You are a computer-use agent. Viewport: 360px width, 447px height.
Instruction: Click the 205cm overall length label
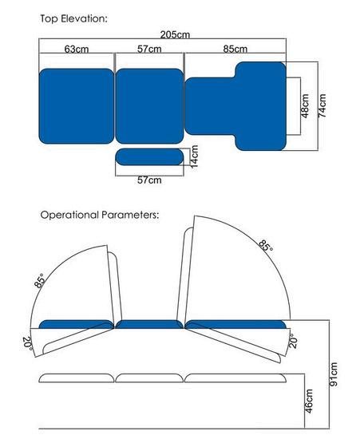point(175,34)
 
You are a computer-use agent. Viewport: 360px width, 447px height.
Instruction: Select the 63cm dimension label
point(77,49)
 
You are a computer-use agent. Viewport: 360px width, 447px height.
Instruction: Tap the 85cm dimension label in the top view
point(235,49)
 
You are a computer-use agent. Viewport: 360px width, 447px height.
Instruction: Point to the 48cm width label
point(305,105)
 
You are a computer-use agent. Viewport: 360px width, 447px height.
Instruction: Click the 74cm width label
point(322,105)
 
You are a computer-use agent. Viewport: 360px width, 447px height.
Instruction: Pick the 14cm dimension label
point(194,156)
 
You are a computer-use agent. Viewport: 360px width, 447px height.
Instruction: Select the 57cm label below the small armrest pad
point(149,180)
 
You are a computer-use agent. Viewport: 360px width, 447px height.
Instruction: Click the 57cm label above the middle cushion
point(149,49)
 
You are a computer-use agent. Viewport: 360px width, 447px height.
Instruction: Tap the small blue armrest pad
point(149,156)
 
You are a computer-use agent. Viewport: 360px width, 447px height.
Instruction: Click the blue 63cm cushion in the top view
point(77,106)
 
